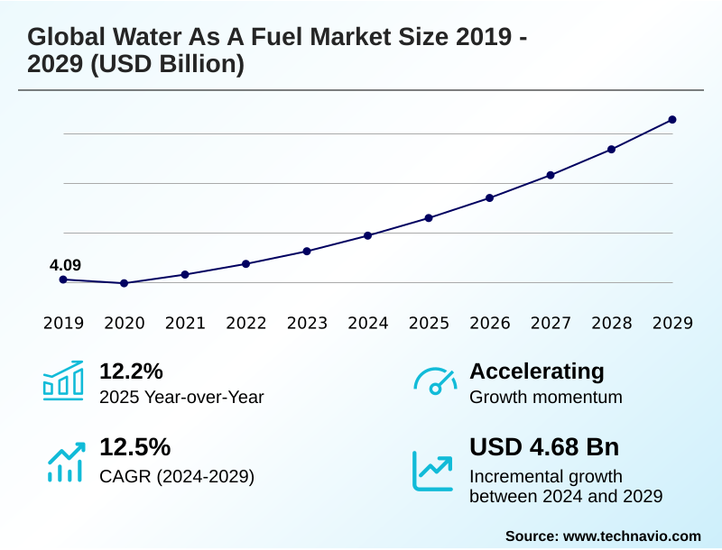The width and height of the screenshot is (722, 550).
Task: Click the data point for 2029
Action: [x=672, y=119]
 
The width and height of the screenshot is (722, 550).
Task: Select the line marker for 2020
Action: [x=124, y=283]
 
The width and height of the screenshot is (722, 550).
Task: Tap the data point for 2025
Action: [x=429, y=218]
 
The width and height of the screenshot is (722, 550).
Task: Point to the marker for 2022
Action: [x=245, y=263]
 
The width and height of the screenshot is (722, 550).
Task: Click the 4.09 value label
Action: [x=65, y=265]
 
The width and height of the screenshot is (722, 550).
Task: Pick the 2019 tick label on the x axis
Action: [x=63, y=323]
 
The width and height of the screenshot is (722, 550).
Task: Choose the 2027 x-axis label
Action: [x=551, y=323]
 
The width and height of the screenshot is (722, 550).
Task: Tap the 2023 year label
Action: [x=307, y=323]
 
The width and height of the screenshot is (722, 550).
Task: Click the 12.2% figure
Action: [x=131, y=371]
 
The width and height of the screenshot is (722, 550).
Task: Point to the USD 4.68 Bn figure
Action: [x=544, y=447]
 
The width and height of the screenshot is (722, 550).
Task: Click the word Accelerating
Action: [x=537, y=371]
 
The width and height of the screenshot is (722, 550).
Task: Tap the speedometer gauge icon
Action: [x=435, y=380]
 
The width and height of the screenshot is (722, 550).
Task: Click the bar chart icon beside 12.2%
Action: [x=63, y=380]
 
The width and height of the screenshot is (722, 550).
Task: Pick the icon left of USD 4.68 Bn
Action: [x=433, y=471]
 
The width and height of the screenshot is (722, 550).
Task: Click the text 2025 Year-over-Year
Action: [x=181, y=397]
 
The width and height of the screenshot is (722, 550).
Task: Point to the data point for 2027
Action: [x=551, y=175]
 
